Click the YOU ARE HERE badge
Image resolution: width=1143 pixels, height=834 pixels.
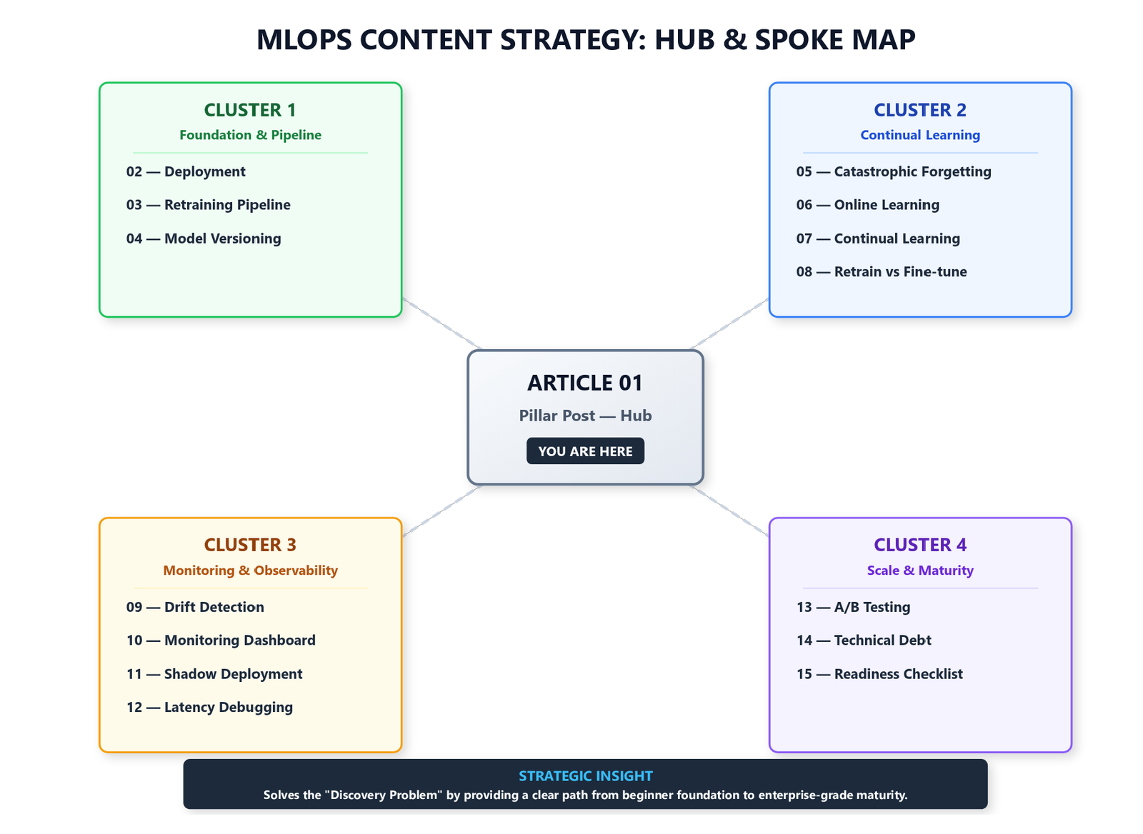tap(585, 451)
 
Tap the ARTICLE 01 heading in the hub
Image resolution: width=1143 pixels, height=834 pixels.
tap(585, 383)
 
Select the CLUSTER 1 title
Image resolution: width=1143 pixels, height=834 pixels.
tap(250, 110)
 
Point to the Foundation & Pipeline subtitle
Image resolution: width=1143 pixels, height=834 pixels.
tap(250, 135)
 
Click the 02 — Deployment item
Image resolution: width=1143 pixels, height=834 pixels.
tap(186, 171)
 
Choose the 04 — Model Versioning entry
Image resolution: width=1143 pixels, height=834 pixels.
tap(204, 238)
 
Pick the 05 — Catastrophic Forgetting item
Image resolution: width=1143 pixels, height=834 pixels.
tap(894, 171)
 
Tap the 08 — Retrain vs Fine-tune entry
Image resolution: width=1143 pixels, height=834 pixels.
tap(882, 271)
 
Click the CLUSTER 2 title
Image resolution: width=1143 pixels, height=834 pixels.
tap(920, 110)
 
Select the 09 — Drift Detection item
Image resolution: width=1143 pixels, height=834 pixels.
tap(196, 606)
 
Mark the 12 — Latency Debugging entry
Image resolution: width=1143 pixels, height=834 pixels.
tap(210, 707)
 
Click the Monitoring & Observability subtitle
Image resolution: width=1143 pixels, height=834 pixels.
tap(250, 570)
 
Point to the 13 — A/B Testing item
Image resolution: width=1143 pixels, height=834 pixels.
tap(853, 606)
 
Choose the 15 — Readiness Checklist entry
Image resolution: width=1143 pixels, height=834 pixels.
tap(879, 673)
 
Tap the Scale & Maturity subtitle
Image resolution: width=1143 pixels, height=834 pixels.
tap(920, 570)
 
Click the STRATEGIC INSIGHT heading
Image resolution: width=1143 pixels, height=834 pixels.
tap(585, 775)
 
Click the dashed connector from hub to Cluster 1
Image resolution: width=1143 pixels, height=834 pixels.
tap(442, 323)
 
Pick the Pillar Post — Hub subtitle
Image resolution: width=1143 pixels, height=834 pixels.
tap(585, 415)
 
